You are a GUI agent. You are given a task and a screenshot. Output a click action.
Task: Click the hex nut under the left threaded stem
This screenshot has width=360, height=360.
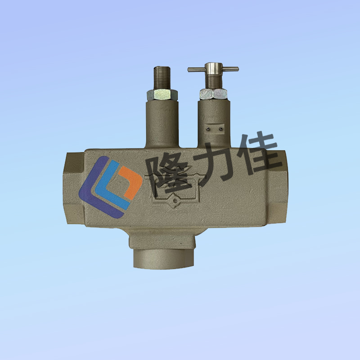(x=162, y=95)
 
